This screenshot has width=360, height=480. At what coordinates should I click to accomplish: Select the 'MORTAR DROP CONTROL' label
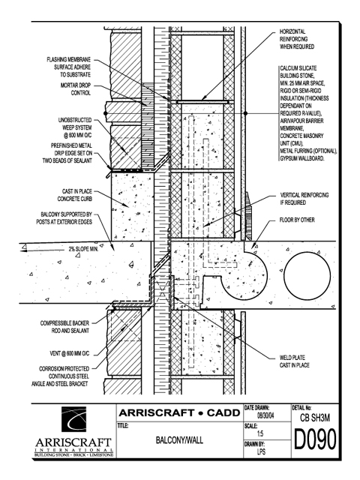click(x=76, y=89)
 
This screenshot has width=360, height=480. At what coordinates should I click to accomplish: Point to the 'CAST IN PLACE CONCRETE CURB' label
click(x=75, y=195)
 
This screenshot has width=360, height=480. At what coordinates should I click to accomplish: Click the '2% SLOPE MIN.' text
click(x=83, y=249)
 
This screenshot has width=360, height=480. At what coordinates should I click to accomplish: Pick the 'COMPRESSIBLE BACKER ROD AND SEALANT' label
click(x=64, y=327)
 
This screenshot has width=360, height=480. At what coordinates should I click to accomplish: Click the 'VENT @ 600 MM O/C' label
click(x=70, y=353)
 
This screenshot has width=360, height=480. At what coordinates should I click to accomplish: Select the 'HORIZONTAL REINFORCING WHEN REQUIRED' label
click(x=297, y=39)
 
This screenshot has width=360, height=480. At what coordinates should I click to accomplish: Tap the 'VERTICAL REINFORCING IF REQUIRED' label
click(x=304, y=199)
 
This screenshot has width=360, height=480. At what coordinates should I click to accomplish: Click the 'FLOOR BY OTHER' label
click(x=297, y=220)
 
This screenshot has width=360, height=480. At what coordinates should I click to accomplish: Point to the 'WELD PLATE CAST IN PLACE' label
click(x=294, y=361)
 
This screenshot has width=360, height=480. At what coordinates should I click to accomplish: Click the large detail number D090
click(x=315, y=439)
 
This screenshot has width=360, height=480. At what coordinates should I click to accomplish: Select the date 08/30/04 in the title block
click(x=265, y=416)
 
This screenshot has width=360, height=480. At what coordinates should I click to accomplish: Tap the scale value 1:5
click(x=260, y=433)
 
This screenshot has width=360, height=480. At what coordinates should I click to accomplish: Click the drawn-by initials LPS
click(x=261, y=451)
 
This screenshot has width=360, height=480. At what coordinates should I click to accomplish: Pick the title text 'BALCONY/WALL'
click(x=179, y=440)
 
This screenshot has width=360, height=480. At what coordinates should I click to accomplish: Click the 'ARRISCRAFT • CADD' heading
click(x=179, y=412)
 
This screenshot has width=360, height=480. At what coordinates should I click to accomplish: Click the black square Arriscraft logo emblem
click(x=73, y=419)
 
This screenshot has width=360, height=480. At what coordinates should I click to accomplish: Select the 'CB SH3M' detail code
click(x=315, y=418)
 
